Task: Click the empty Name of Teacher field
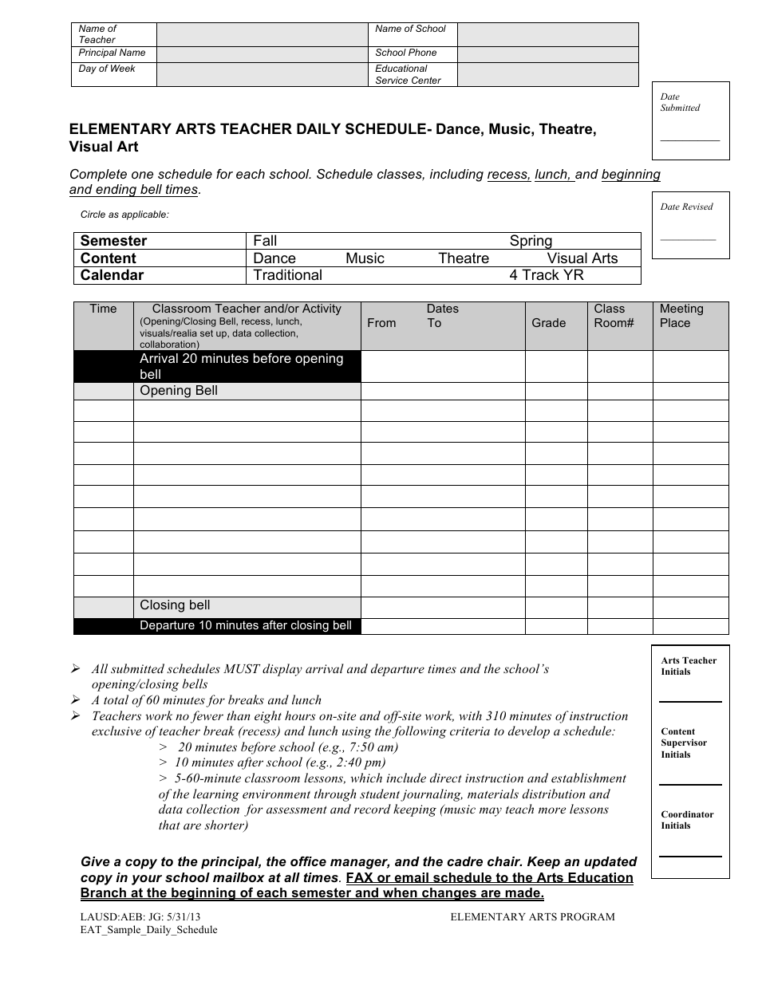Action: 261,34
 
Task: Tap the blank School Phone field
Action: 547,53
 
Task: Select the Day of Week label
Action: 107,69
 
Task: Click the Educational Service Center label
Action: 408,75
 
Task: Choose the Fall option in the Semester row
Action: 265,241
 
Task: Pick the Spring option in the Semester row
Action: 531,241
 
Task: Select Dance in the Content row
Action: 274,258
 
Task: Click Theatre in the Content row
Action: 464,258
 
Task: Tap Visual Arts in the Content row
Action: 582,258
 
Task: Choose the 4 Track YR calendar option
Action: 547,275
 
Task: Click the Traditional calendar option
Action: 287,275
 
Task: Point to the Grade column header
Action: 548,323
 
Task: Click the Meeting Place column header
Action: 681,316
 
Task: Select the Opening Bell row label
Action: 178,391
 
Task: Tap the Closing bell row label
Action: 175,605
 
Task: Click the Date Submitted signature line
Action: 689,140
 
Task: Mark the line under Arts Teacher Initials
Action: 689,701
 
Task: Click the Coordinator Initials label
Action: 687,820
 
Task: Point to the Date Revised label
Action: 686,207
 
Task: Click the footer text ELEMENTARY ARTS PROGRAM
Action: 532,917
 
